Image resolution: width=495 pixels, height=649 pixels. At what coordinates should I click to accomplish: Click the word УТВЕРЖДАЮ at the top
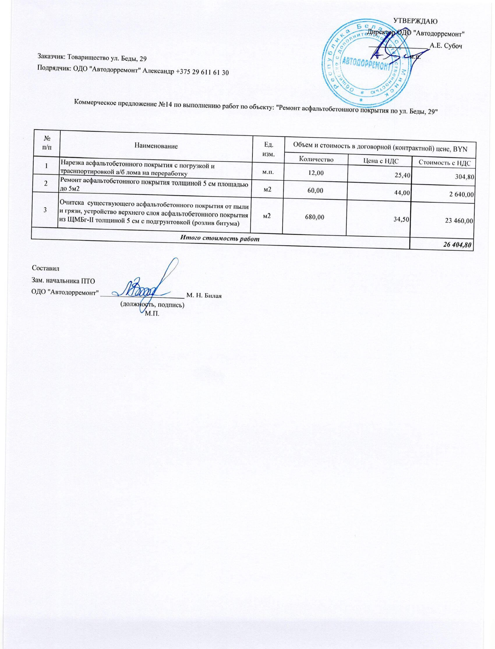point(415,21)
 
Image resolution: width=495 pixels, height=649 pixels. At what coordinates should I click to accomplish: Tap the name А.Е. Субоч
point(446,46)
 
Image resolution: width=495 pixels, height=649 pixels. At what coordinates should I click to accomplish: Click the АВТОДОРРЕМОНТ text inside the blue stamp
point(365,63)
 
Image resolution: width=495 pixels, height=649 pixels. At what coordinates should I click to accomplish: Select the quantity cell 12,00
point(316,173)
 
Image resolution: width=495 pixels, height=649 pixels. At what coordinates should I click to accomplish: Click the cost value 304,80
point(464,177)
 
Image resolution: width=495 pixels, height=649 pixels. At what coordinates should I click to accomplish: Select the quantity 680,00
point(315,217)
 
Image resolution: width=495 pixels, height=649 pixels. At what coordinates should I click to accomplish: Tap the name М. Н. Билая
point(204,295)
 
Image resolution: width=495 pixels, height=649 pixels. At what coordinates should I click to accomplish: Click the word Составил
point(45,268)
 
